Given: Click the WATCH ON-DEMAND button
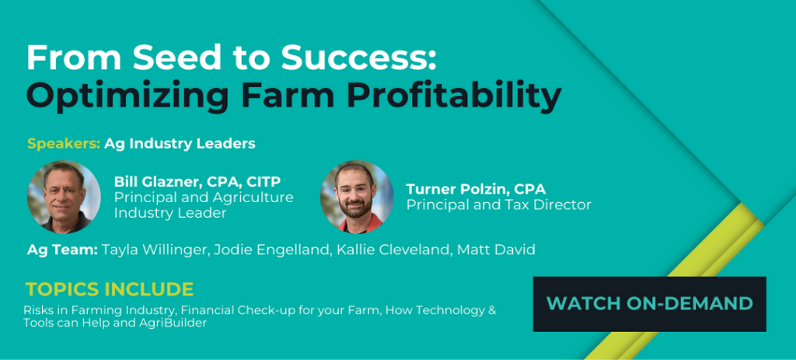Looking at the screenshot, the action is click(649, 304).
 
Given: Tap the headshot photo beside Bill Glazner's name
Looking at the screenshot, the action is click(64, 197).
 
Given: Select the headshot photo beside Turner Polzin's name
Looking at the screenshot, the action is click(357, 197).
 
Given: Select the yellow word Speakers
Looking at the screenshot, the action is click(64, 144).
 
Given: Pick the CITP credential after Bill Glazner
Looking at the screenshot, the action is click(264, 182).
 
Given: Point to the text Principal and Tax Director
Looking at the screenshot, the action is click(498, 204).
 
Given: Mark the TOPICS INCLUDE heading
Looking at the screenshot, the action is click(110, 289).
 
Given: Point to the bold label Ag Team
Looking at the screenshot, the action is click(62, 250).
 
